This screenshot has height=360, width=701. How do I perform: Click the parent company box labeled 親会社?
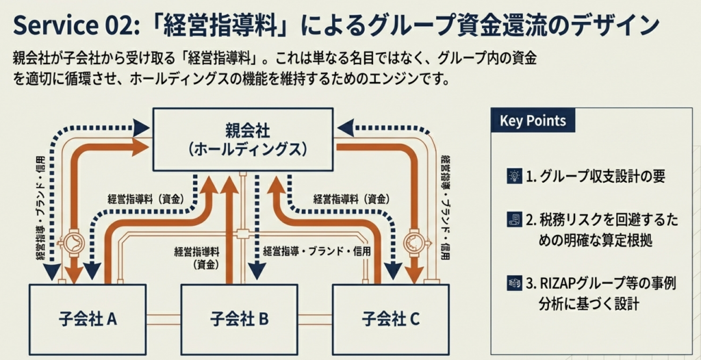click(x=242, y=139)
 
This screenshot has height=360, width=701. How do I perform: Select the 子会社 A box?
click(x=88, y=318)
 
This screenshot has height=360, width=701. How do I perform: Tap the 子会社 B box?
click(x=239, y=318)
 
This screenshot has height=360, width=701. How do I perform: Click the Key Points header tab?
click(x=533, y=121)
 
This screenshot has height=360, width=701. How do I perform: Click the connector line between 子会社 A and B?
click(x=163, y=318)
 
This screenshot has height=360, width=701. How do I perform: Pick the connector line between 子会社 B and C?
click(x=314, y=318)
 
